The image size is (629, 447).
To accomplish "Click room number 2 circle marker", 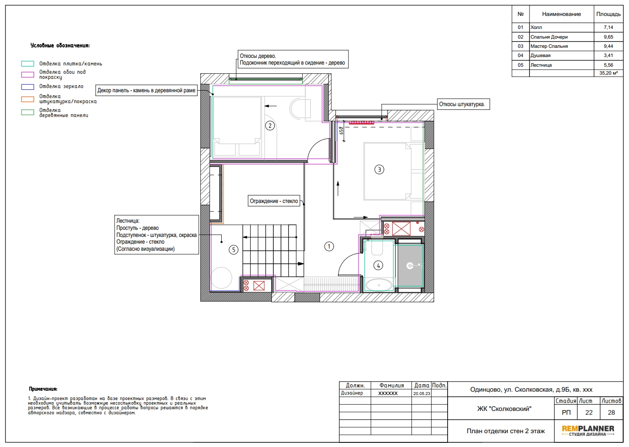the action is tap(270, 126).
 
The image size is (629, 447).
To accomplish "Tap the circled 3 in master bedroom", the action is tap(379, 169).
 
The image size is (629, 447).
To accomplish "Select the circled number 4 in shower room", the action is tap(378, 265).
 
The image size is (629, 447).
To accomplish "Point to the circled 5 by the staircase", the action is tap(233, 249).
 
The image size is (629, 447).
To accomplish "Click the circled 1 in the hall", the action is tap(329, 247).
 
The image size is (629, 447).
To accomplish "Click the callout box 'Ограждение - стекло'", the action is tap(274, 201).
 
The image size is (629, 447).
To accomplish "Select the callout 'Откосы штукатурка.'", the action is tap(463, 104).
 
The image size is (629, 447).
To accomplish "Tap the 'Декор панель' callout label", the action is tap(146, 90).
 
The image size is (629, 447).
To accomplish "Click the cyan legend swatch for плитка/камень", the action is tap(28, 64).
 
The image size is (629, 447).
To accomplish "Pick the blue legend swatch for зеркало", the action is tap(28, 87).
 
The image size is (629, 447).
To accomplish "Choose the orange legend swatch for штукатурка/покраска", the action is tap(28, 99).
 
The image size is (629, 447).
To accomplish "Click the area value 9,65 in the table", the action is tap(608, 37).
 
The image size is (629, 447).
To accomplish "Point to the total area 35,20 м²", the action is tap(608, 73).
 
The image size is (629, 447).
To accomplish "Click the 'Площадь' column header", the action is tap(608, 14).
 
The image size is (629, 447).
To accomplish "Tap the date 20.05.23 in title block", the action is tap(422, 393).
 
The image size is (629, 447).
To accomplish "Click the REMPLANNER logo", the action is tap(588, 431).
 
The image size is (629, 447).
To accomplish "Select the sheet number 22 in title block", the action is tap(589, 413).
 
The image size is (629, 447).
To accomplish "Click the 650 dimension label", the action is tap(341, 130).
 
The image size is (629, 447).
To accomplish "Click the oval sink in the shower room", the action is tap(379, 285).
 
